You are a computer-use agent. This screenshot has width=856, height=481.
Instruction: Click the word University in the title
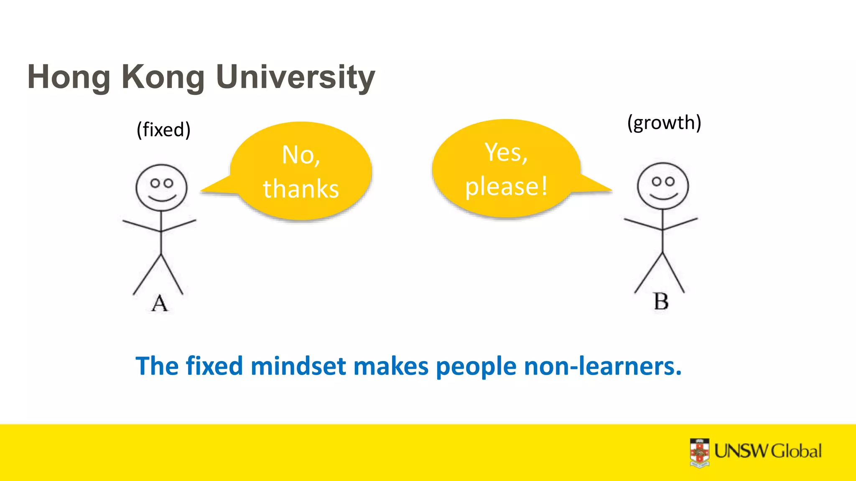296,77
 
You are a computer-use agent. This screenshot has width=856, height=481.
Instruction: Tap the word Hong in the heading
69,77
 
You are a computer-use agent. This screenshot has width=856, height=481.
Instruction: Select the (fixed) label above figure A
163,129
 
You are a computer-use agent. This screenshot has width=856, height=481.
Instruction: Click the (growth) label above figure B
664,123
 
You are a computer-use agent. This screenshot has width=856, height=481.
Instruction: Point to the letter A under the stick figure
159,303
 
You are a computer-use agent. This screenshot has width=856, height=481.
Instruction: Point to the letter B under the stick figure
661,301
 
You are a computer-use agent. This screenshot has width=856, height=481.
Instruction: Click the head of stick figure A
161,187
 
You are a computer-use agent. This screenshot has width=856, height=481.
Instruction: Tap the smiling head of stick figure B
662,186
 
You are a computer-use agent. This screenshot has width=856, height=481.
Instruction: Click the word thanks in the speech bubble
301,189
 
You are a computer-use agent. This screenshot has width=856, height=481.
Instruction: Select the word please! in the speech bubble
506,186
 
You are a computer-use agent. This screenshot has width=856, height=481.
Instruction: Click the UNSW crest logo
700,453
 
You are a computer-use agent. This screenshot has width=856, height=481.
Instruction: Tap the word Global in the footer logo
796,451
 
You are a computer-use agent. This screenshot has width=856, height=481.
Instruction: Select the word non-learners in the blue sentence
603,366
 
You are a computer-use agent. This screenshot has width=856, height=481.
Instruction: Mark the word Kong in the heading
163,77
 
